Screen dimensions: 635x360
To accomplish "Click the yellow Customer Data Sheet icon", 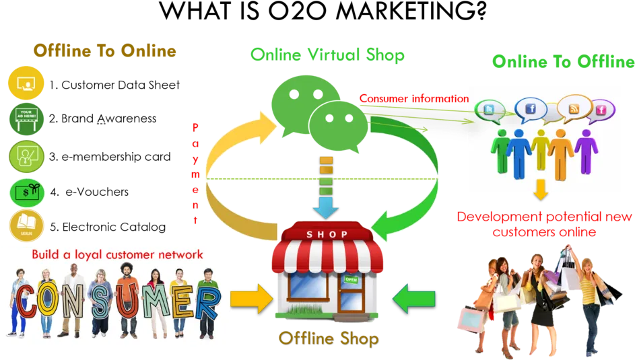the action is pos(26,83).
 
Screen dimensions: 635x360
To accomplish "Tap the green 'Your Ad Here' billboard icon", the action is pos(26,118).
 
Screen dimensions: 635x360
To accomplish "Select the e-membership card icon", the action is pos(26,157).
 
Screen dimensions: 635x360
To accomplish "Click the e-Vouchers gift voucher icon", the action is pos(27,192).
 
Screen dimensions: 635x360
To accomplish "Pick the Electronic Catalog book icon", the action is pos(26,225).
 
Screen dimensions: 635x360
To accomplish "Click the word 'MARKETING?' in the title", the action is pos(411,11).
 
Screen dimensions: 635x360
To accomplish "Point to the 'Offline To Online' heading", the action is pos(105,51).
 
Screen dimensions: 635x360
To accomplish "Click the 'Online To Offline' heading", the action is pos(564,61).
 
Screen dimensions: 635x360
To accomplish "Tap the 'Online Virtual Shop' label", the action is pos(327,55).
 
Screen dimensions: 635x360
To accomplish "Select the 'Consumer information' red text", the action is pos(414,98).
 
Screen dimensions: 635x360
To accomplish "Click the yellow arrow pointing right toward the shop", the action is pos(251,299).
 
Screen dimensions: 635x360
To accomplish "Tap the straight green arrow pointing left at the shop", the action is pos(414,299).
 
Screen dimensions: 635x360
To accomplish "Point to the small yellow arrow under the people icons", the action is pos(541,190).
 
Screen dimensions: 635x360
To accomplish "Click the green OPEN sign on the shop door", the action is pos(351,279).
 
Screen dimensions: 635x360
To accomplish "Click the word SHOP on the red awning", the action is pos(327,234).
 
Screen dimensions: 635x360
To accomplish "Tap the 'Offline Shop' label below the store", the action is pos(329,338).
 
